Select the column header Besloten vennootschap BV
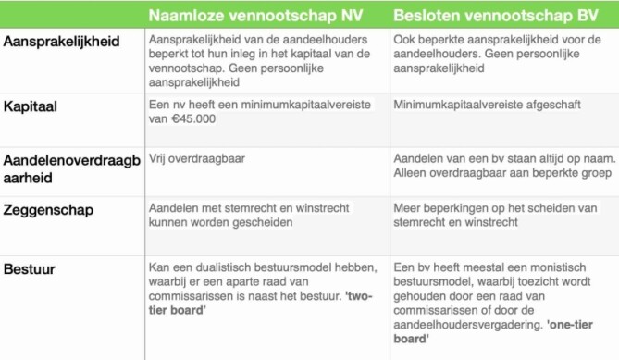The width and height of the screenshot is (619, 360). (492, 16)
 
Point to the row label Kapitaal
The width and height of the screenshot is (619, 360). (31, 106)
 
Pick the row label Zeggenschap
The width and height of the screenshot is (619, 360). (46, 211)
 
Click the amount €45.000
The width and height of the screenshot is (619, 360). (181, 120)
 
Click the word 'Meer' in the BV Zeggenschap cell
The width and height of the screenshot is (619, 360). (409, 208)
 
